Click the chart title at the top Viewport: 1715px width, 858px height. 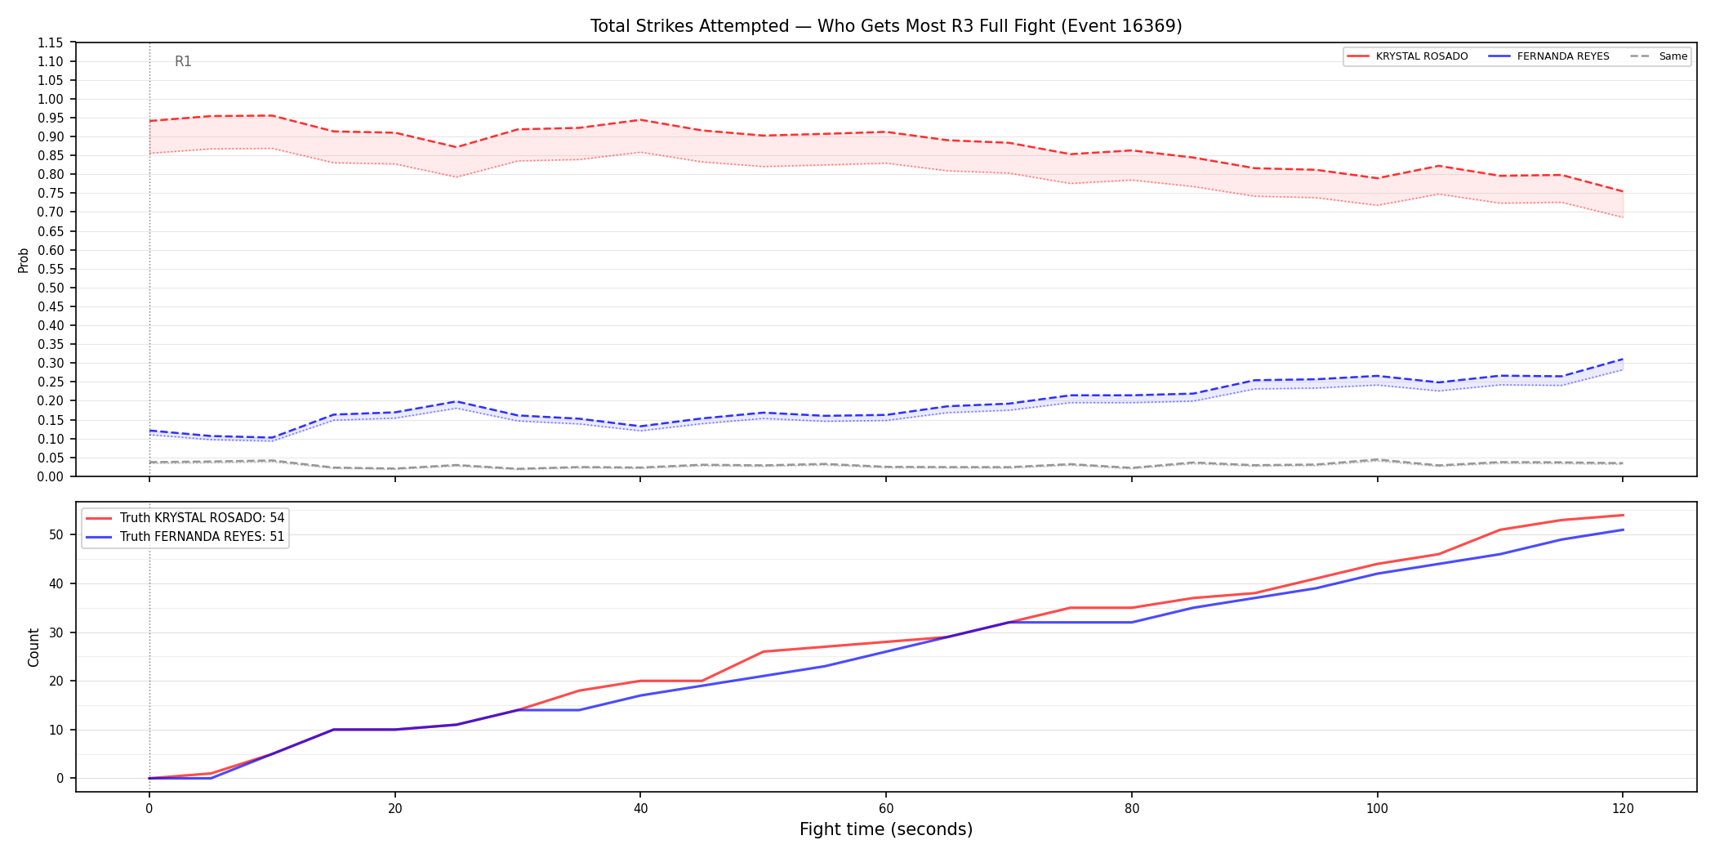pyautogui.click(x=886, y=26)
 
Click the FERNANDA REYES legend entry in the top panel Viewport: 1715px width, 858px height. pyautogui.click(x=1548, y=56)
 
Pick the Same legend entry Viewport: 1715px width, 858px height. pyautogui.click(x=1659, y=56)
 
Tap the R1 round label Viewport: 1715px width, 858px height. pyautogui.click(x=183, y=61)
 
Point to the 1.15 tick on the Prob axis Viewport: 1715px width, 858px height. pyautogui.click(x=51, y=42)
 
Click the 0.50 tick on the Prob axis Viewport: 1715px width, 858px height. pyautogui.click(x=51, y=288)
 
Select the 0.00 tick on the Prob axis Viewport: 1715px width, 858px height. pyautogui.click(x=51, y=476)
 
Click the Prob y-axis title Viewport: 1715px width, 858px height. pyautogui.click(x=24, y=260)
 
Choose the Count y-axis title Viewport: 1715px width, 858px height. pyautogui.click(x=33, y=647)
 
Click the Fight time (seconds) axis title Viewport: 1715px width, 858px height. pyautogui.click(x=886, y=829)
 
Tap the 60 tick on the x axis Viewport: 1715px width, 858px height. pyautogui.click(x=886, y=809)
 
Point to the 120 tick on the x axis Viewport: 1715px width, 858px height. pyautogui.click(x=1623, y=809)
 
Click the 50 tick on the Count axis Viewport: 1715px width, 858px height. pyautogui.click(x=56, y=535)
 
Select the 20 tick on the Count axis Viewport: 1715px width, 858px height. pyautogui.click(x=56, y=681)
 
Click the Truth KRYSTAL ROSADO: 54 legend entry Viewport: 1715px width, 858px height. pyautogui.click(x=185, y=518)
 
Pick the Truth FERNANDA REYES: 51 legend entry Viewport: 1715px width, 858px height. pyautogui.click(x=185, y=537)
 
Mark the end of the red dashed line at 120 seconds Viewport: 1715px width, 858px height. pyautogui.click(x=1623, y=192)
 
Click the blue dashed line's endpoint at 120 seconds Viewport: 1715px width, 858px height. pyautogui.click(x=1623, y=359)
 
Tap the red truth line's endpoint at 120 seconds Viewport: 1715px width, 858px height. pyautogui.click(x=1623, y=516)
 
